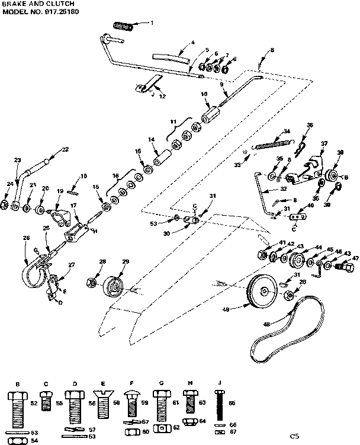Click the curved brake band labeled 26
pyautogui.click(x=33, y=270)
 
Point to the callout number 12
pyautogui.click(x=162, y=96)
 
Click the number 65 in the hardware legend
pyautogui.click(x=232, y=402)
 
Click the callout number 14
pyautogui.click(x=151, y=140)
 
